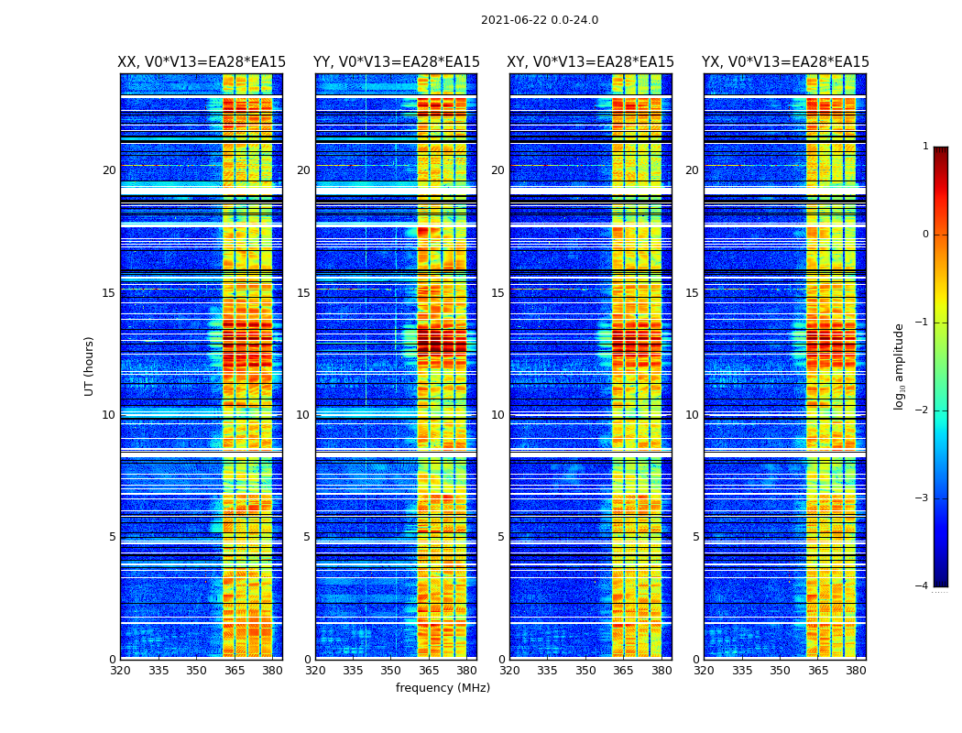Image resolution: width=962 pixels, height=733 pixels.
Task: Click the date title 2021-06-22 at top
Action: click(x=539, y=20)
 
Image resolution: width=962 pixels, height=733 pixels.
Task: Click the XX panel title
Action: click(x=202, y=62)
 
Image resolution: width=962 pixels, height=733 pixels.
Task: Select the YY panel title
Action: click(x=396, y=62)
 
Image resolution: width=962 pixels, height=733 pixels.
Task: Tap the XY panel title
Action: click(x=591, y=62)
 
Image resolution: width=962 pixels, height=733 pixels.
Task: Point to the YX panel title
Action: click(x=785, y=62)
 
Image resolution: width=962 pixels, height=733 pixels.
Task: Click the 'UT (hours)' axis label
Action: click(x=90, y=366)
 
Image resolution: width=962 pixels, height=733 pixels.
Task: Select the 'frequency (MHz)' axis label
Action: click(x=443, y=688)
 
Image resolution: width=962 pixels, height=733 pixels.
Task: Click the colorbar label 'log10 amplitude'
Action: click(x=900, y=366)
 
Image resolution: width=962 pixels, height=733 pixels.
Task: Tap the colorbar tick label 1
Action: click(x=925, y=147)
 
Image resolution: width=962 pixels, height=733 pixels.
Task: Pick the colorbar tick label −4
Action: click(x=922, y=586)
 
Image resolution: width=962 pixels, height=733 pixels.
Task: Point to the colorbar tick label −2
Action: click(x=922, y=410)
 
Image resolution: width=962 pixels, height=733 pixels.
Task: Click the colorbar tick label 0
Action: click(x=925, y=235)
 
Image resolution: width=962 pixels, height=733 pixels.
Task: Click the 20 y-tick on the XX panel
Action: click(x=109, y=170)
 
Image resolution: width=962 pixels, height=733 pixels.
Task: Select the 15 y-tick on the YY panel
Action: click(x=303, y=293)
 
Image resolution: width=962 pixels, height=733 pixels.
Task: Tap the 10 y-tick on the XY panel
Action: click(x=497, y=415)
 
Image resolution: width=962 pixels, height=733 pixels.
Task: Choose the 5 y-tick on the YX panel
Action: click(x=695, y=537)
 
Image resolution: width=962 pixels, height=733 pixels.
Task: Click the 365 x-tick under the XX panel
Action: click(x=235, y=671)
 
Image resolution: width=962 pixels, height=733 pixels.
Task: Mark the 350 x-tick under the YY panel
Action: click(x=391, y=671)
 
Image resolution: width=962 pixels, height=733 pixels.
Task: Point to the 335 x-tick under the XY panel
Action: click(x=548, y=671)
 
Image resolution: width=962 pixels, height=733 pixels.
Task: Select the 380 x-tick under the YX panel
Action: click(x=856, y=671)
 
